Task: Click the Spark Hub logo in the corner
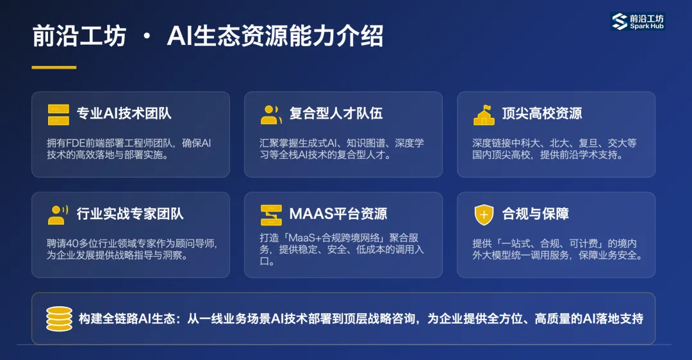pyautogui.click(x=638, y=21)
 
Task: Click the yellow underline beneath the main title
pyautogui.click(x=54, y=67)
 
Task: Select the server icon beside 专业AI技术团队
pyautogui.click(x=58, y=114)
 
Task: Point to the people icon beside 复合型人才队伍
pyautogui.click(x=271, y=114)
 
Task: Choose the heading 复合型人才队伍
pyautogui.click(x=336, y=114)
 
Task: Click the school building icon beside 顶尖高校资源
pyautogui.click(x=484, y=114)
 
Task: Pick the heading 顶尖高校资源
pyautogui.click(x=541, y=114)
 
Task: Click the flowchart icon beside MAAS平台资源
pyautogui.click(x=271, y=215)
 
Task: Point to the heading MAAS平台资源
pyautogui.click(x=338, y=214)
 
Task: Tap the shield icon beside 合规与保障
pyautogui.click(x=484, y=214)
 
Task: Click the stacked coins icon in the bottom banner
pyautogui.click(x=59, y=318)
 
